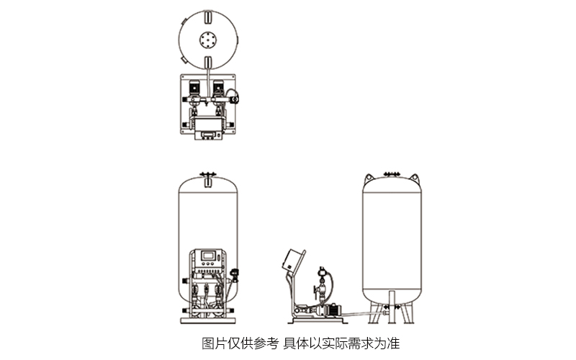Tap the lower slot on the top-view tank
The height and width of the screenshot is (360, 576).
pos(208,60)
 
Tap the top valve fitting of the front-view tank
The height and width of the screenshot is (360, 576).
pos(208,174)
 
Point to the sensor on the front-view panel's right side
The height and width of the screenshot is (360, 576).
pos(235,272)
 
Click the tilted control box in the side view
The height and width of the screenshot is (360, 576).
pos(291,258)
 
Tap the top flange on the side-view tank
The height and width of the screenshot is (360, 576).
pos(392,174)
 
